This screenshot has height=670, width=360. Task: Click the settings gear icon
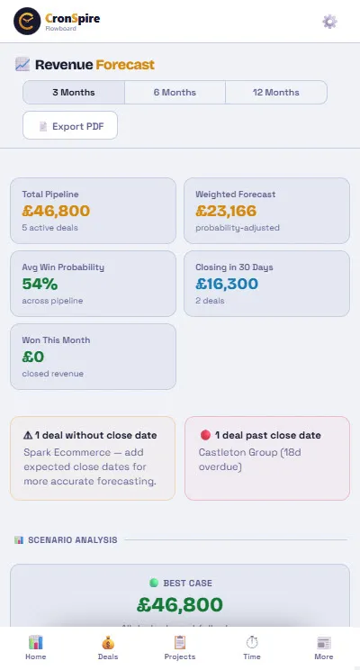(x=329, y=22)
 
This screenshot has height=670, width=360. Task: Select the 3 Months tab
(x=74, y=93)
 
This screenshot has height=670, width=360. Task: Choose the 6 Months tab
(x=175, y=93)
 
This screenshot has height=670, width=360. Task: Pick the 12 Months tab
(x=276, y=93)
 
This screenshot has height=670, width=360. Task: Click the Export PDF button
(x=70, y=126)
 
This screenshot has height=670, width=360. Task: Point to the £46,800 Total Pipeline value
(x=57, y=211)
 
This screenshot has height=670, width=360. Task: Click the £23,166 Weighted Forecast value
(x=226, y=211)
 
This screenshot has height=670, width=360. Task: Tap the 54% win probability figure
(x=40, y=284)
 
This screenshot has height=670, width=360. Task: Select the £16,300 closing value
(x=227, y=284)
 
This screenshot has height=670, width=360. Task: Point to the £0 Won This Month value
(x=34, y=357)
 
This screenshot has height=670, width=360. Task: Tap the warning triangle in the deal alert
(x=28, y=435)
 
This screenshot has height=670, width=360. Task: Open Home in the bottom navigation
(x=36, y=647)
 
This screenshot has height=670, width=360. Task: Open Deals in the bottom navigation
(x=108, y=647)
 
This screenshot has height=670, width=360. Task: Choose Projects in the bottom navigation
(x=180, y=647)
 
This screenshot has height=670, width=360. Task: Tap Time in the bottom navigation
(x=252, y=647)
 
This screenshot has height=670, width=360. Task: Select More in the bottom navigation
(x=324, y=647)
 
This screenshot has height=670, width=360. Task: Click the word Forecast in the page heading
(x=125, y=65)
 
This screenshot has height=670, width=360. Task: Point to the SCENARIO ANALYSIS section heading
(x=72, y=540)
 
